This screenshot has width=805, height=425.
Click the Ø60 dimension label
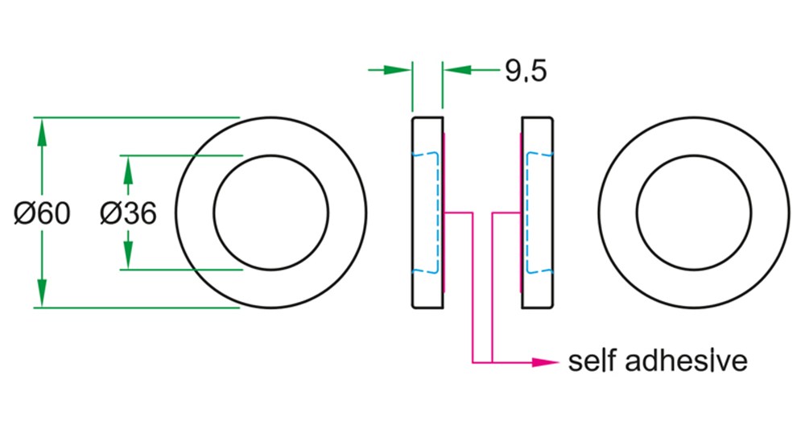tap(42, 213)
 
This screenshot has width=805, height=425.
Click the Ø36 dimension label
tap(128, 213)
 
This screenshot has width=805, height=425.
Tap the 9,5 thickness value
tap(526, 72)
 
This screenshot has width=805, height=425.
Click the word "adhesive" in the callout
tap(687, 361)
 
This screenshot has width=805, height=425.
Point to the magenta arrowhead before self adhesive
tap(545, 362)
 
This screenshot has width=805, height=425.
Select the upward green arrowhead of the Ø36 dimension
tap(128, 169)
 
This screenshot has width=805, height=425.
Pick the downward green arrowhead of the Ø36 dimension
tap(128, 256)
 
